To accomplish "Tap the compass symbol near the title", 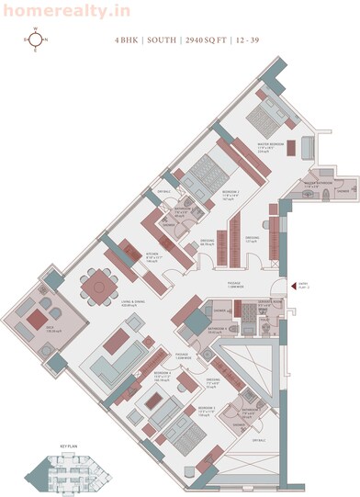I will (x=37, y=40).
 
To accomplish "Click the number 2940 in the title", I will (x=187, y=40).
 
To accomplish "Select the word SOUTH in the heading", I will (x=156, y=40).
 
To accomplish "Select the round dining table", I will (x=96, y=287).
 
